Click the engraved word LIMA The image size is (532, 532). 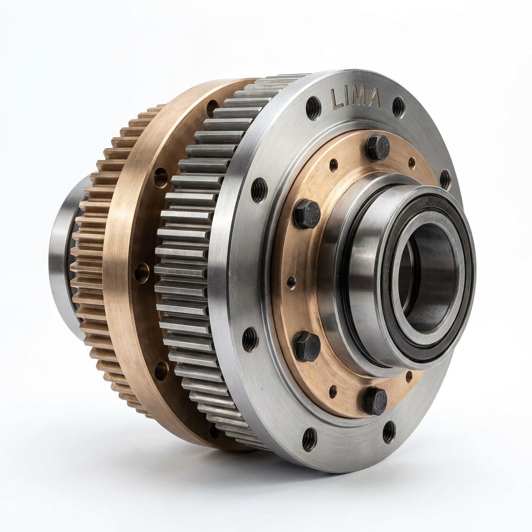355,98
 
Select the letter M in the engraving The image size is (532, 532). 359,98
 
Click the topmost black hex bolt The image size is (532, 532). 377,148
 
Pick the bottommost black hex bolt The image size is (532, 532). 375,401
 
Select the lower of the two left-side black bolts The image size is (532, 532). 307,346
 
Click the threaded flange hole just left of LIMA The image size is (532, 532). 313,108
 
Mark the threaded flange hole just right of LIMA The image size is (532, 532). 398,107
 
